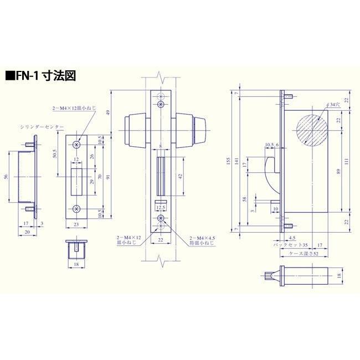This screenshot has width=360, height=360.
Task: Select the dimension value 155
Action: pos(227,161)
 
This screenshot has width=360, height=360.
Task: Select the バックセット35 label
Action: pos(291,244)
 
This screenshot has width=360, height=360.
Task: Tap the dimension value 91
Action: pos(109,177)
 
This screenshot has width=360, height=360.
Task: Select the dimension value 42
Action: pos(181,176)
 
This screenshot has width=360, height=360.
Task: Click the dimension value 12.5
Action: pos(161,208)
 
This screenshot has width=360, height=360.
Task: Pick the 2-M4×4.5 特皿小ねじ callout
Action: pos(203,239)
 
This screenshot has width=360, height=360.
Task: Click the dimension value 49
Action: pos(109,112)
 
